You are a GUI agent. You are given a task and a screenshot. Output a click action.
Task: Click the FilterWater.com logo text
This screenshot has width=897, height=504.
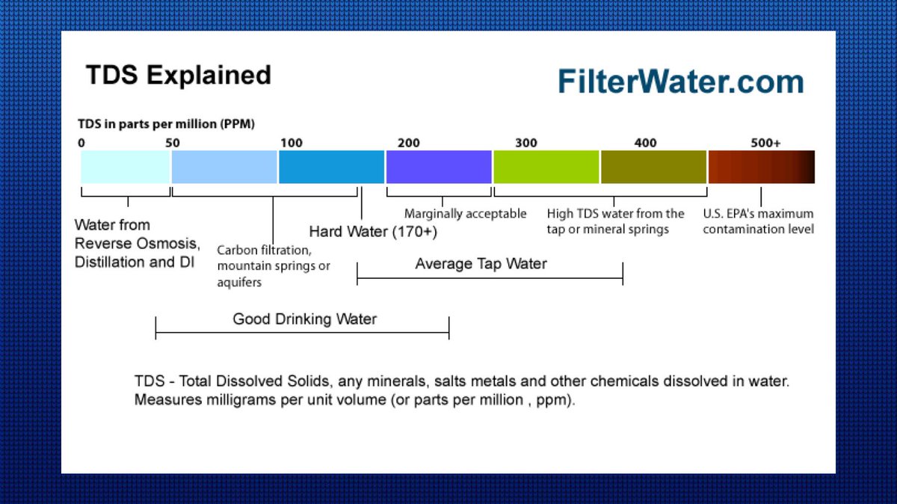pyautogui.click(x=681, y=82)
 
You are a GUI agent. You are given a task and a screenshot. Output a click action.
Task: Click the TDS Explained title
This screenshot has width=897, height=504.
pyautogui.click(x=179, y=75)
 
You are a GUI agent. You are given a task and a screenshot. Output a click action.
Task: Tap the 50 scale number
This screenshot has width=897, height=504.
pyautogui.click(x=173, y=143)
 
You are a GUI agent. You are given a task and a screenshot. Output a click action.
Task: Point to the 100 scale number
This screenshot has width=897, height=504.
pyautogui.click(x=291, y=143)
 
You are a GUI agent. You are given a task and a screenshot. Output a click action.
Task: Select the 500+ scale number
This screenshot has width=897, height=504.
pyautogui.click(x=765, y=143)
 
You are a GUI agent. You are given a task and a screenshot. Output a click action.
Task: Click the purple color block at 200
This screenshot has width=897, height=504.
pyautogui.click(x=439, y=167)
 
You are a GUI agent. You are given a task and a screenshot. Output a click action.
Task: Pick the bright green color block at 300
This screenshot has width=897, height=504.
pyautogui.click(x=546, y=167)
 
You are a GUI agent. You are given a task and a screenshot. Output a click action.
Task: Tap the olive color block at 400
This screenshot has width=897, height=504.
pyautogui.click(x=653, y=167)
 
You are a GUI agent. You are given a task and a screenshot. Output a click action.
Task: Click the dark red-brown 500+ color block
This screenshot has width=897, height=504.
pyautogui.click(x=762, y=167)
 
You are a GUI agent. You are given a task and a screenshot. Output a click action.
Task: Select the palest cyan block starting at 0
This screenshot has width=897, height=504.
pyautogui.click(x=126, y=167)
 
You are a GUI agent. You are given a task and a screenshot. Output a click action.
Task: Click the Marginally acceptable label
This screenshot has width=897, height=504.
pyautogui.click(x=465, y=214)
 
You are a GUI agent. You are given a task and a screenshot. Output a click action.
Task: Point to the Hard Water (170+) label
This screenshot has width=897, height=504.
pyautogui.click(x=373, y=232)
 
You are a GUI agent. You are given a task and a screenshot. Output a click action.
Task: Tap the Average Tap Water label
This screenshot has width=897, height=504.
pyautogui.click(x=481, y=264)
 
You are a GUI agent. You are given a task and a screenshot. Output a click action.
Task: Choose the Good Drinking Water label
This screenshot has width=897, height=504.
pyautogui.click(x=305, y=319)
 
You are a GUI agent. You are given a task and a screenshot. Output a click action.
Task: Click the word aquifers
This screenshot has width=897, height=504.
pyautogui.click(x=239, y=283)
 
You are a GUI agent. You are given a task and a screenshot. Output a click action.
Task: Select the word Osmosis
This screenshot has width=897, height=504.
pyautogui.click(x=167, y=244)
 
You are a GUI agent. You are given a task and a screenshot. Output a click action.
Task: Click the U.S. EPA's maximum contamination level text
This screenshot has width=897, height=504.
pyautogui.click(x=759, y=221)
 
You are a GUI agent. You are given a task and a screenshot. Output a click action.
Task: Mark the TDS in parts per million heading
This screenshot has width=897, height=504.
pyautogui.click(x=166, y=124)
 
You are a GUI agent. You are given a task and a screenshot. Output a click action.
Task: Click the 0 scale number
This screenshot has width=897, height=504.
pyautogui.click(x=81, y=143)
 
